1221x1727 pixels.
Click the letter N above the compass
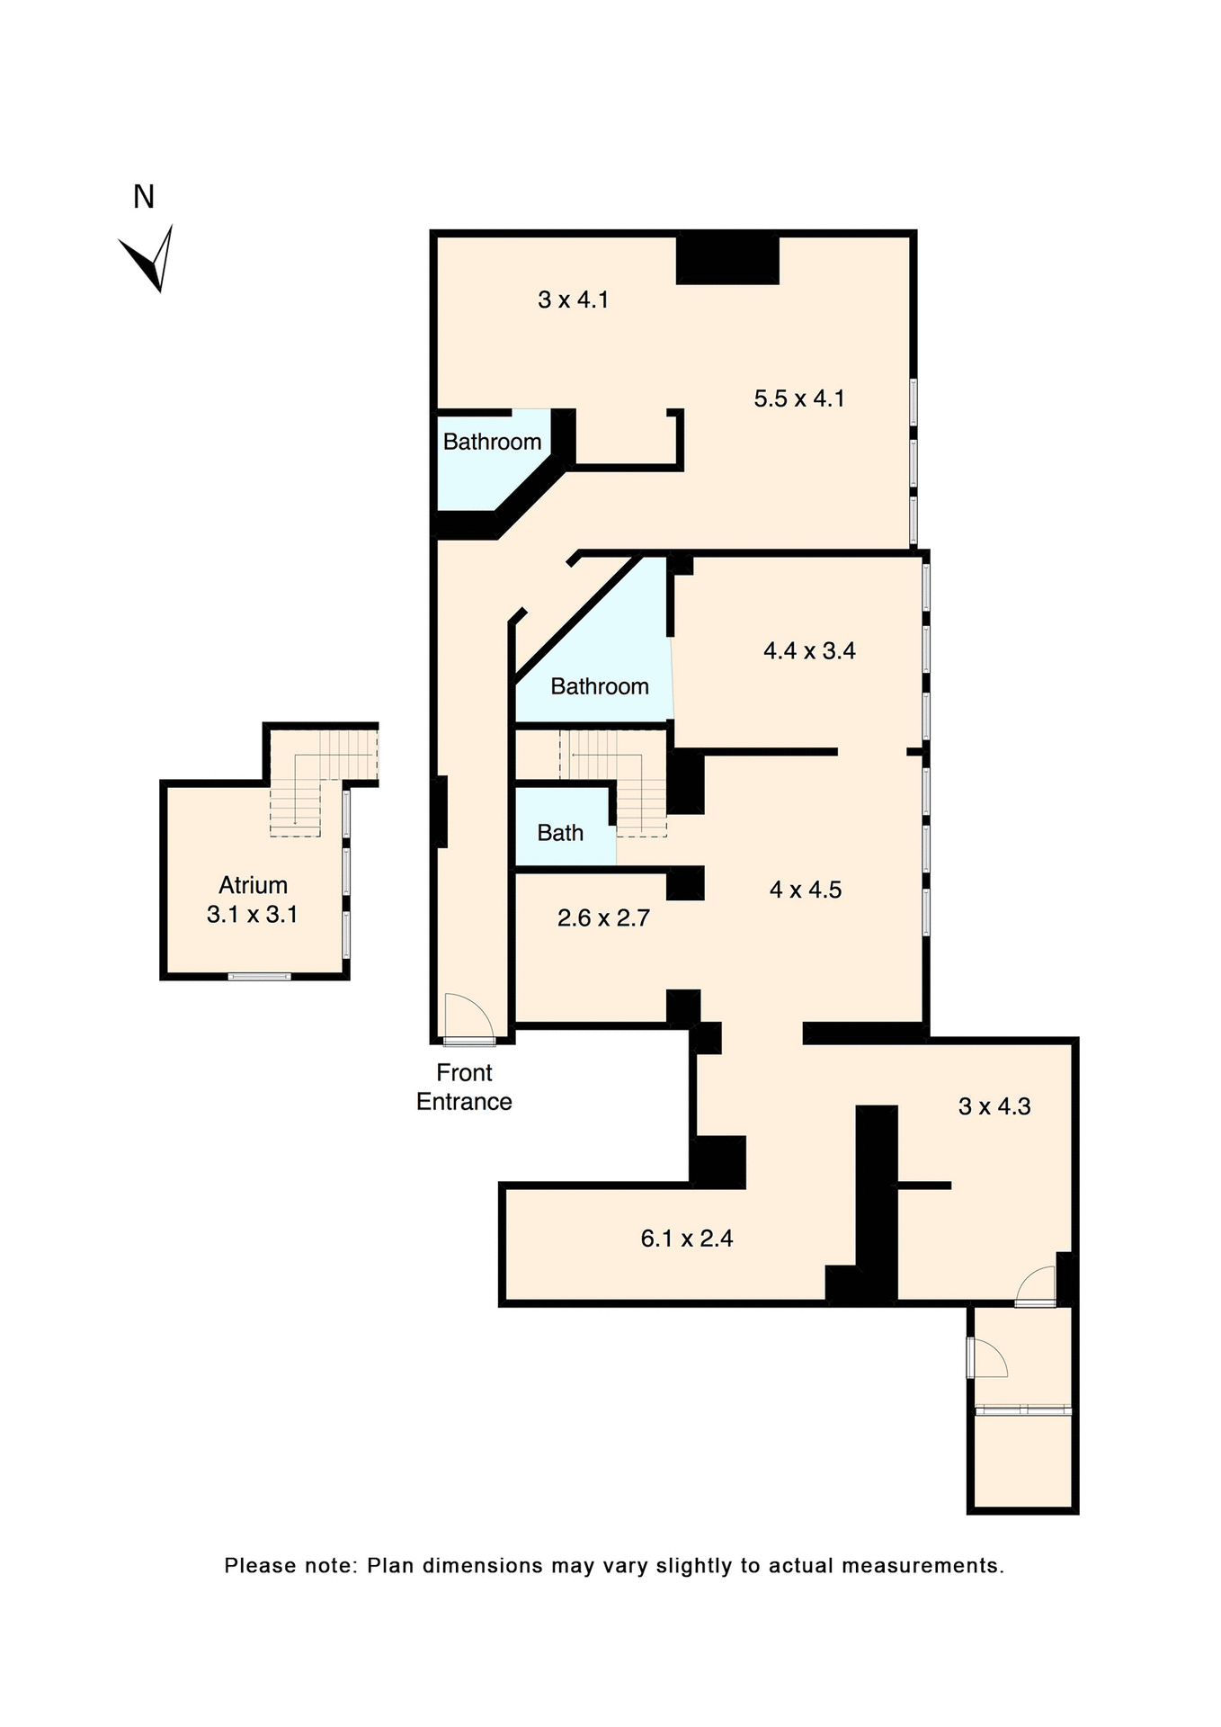[144, 197]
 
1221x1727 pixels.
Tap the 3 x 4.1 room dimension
[573, 300]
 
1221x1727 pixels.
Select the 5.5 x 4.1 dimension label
[798, 398]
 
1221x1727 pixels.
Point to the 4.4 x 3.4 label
[809, 650]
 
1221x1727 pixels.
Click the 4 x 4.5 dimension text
[806, 890]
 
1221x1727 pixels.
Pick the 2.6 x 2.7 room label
[603, 918]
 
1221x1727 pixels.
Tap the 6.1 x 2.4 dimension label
[686, 1239]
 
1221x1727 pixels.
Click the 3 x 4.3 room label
[994, 1106]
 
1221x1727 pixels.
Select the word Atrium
[253, 885]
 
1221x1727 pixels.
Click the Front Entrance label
[464, 1087]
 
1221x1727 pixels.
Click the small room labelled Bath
[560, 833]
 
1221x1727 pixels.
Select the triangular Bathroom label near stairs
[599, 686]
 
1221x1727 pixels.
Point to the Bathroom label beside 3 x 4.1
[492, 442]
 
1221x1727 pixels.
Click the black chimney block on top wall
[726, 259]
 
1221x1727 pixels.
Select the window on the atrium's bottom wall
[259, 976]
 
